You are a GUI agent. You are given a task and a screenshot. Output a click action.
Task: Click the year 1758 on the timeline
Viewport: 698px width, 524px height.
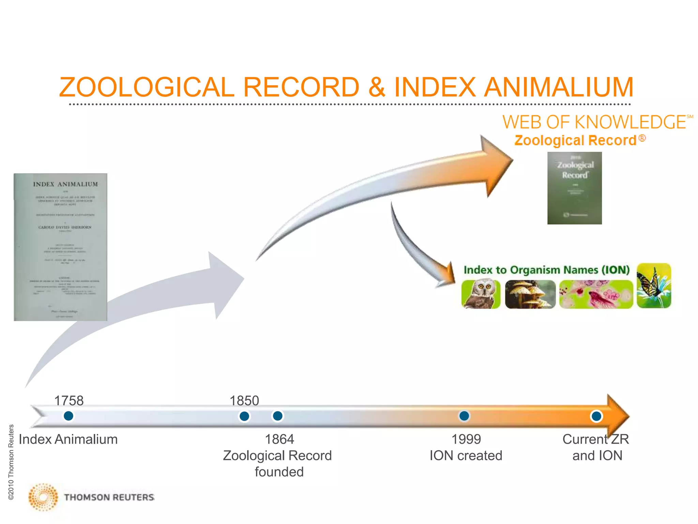tap(69, 401)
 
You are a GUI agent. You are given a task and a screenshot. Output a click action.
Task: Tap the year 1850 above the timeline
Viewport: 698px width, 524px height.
tap(244, 401)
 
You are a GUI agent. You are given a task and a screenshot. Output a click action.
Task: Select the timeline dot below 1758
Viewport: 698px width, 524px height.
tap(69, 416)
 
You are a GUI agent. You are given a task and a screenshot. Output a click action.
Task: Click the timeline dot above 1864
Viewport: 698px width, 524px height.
tap(278, 416)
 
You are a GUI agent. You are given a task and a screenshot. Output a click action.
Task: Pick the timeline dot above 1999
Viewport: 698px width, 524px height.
tap(464, 416)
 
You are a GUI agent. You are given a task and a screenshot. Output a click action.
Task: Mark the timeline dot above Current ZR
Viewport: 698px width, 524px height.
tap(596, 416)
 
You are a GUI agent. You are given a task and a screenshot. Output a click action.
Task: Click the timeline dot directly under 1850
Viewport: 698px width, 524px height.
tap(244, 416)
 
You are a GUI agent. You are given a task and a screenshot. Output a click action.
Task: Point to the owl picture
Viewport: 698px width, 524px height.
tap(481, 294)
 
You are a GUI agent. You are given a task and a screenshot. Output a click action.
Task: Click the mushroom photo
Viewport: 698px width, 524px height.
tap(530, 294)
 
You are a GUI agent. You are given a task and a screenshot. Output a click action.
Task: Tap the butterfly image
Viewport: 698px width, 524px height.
tap(654, 285)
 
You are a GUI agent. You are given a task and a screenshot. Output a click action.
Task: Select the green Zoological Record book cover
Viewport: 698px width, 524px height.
tap(575, 188)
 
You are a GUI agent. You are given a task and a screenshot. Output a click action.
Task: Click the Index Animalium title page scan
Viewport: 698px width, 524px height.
tap(60, 247)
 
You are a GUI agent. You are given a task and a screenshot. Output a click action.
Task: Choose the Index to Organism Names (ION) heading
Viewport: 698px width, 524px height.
tap(546, 270)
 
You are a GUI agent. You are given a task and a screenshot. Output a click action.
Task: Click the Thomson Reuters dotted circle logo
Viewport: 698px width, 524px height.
tap(43, 497)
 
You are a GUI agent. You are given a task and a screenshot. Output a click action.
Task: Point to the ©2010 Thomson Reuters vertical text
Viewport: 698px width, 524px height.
tap(11, 462)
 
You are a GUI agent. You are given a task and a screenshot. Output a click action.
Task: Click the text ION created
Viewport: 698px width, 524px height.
tap(466, 455)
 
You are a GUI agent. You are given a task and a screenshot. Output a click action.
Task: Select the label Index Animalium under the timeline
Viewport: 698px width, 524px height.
tap(68, 439)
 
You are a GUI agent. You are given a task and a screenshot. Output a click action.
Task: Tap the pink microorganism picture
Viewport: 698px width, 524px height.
tap(596, 294)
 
